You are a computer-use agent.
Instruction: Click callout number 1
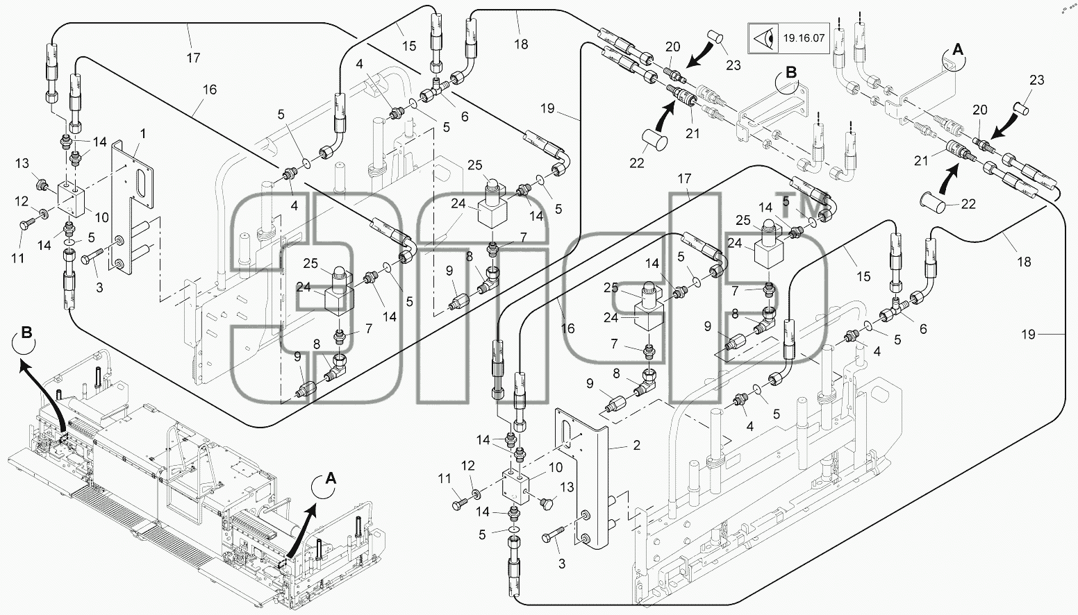coord(143,134)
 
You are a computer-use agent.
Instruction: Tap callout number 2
coord(637,445)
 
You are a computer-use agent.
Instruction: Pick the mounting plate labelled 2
coord(581,478)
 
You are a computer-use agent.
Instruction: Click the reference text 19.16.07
coord(804,38)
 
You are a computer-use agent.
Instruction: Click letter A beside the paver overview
coord(331,478)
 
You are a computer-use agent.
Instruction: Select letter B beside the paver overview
coord(27,332)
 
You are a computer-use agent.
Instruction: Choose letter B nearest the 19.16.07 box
coord(791,73)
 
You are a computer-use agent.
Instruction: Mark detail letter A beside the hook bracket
coord(958,49)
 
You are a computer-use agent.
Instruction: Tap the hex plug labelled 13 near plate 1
coord(41,183)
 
